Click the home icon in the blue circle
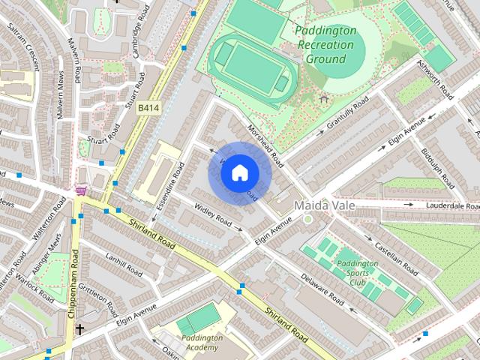(238, 173)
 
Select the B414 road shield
(148, 108)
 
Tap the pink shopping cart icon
(80, 191)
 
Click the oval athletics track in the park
(250, 65)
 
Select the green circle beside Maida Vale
(307, 219)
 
